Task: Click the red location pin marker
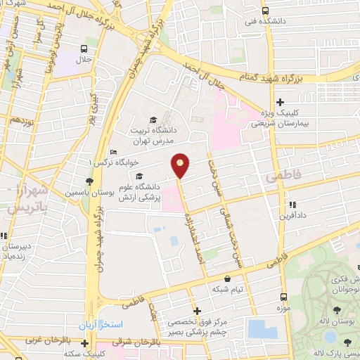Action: click(181, 166)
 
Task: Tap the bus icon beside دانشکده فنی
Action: click(264, 11)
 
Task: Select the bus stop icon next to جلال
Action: click(84, 49)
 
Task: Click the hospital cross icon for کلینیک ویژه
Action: click(281, 103)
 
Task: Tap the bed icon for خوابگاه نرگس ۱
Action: click(114, 153)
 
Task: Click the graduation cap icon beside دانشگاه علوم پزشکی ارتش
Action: click(139, 176)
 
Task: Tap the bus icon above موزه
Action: click(284, 297)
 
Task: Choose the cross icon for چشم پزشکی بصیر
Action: click(197, 310)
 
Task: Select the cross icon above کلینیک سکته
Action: click(84, 344)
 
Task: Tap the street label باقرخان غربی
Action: click(46, 340)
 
